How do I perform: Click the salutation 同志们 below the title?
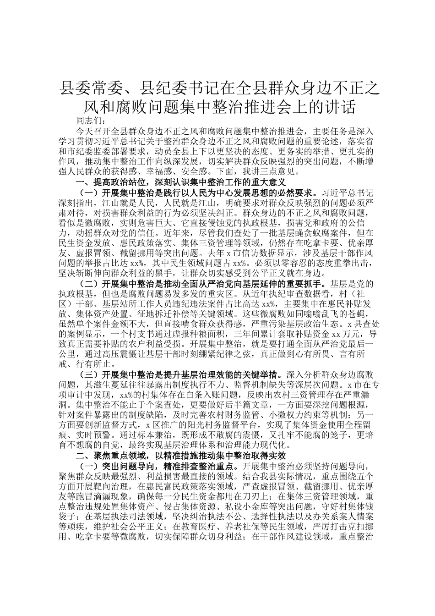click(90, 121)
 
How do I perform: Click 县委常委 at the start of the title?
click(85, 87)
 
